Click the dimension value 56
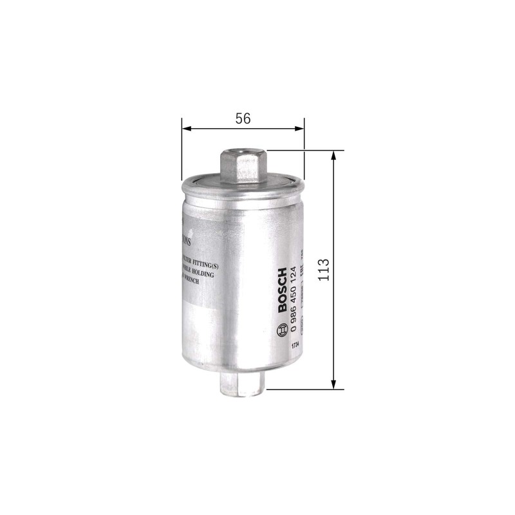pos(242,118)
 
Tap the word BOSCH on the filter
pos(282,290)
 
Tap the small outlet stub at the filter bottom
pos(242,385)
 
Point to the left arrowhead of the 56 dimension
pos(186,129)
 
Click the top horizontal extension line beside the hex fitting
pos(303,151)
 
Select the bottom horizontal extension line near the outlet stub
pos(303,389)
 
